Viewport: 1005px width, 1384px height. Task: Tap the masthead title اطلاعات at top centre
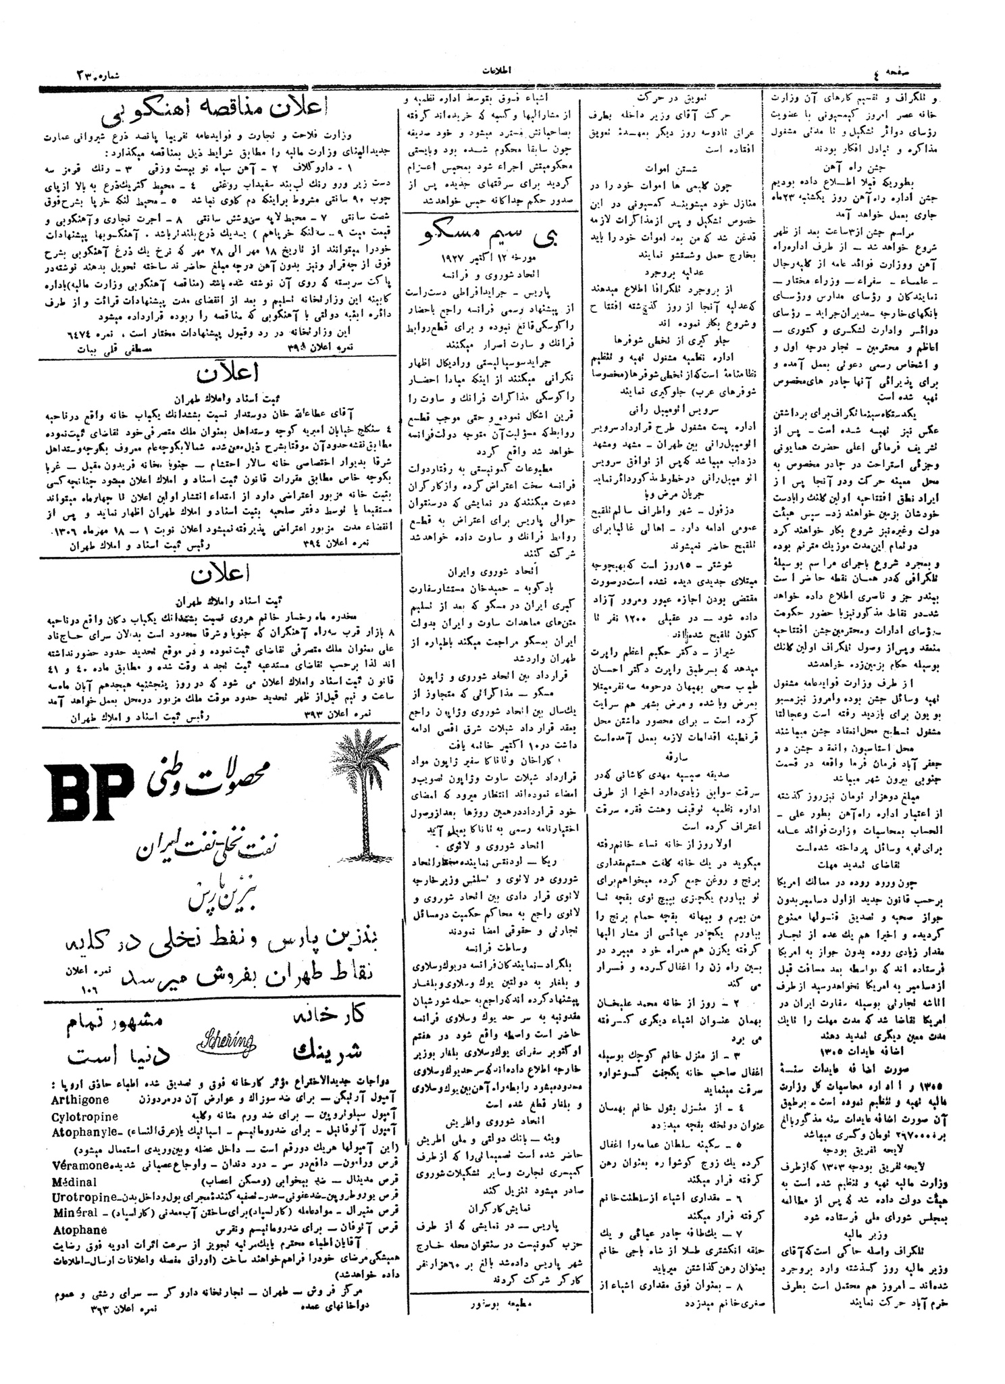pyautogui.click(x=499, y=70)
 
